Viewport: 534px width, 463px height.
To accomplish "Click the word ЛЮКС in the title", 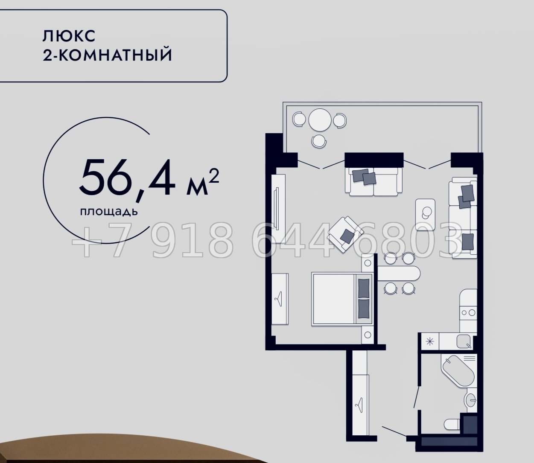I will pyautogui.click(x=69, y=36).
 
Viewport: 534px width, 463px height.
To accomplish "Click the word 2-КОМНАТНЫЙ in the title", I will pyautogui.click(x=108, y=55).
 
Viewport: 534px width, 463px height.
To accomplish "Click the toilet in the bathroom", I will pyautogui.click(x=451, y=424).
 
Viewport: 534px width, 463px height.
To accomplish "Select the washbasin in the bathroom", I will pyautogui.click(x=471, y=400).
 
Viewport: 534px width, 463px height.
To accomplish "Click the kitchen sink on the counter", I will pyautogui.click(x=464, y=341).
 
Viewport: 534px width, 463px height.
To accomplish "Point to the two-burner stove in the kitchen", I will pyautogui.click(x=468, y=312).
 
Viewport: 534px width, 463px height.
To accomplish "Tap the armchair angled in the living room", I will pyautogui.click(x=345, y=233).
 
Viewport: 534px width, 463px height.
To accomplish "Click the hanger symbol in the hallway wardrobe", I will pyautogui.click(x=359, y=403).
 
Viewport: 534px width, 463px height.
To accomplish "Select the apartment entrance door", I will pyautogui.click(x=394, y=431).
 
